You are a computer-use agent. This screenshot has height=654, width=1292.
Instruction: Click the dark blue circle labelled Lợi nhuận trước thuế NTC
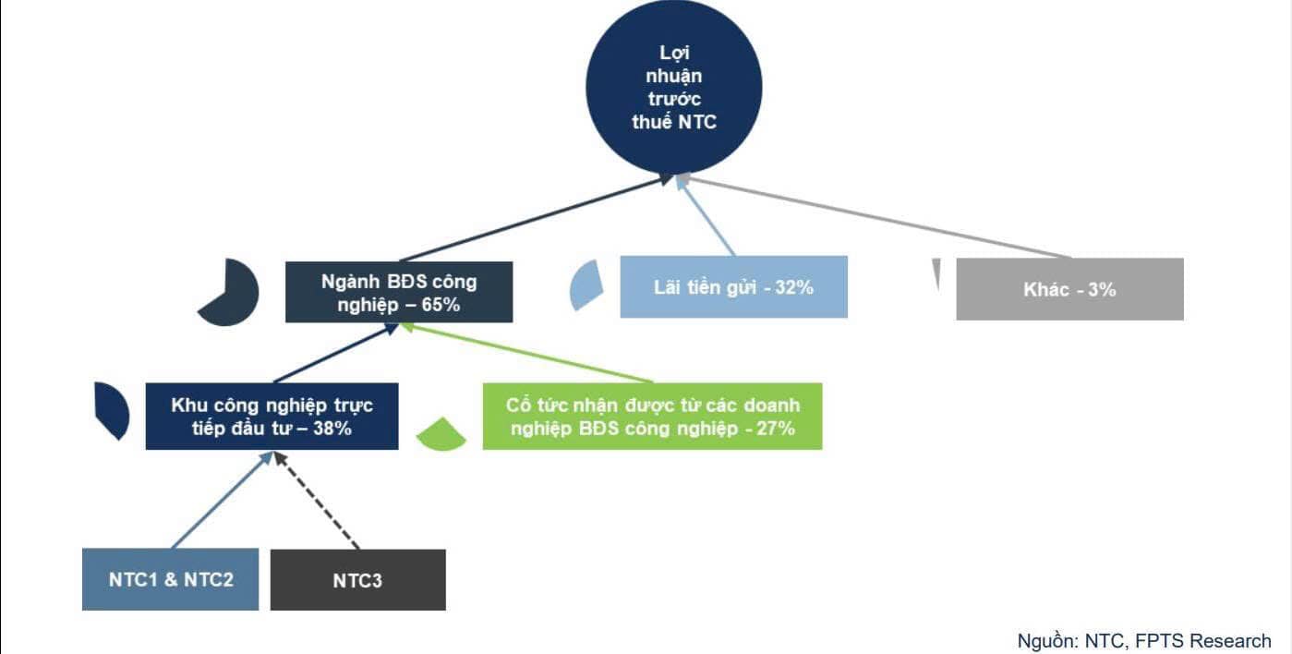[673, 87]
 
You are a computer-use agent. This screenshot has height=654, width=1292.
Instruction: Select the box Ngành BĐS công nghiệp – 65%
[399, 292]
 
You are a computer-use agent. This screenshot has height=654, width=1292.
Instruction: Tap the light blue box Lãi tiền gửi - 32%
[733, 287]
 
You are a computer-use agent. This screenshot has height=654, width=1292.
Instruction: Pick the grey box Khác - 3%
[1069, 289]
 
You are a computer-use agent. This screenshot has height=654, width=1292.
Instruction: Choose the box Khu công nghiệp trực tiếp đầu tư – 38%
[272, 417]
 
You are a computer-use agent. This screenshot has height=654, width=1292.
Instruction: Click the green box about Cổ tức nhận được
[652, 417]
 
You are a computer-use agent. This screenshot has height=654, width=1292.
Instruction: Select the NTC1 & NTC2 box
[170, 579]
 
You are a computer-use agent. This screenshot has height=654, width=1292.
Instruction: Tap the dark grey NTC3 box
[357, 580]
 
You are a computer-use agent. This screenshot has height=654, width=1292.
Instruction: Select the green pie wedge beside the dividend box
[442, 435]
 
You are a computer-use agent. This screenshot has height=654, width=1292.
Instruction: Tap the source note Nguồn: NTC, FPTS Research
[1143, 640]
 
